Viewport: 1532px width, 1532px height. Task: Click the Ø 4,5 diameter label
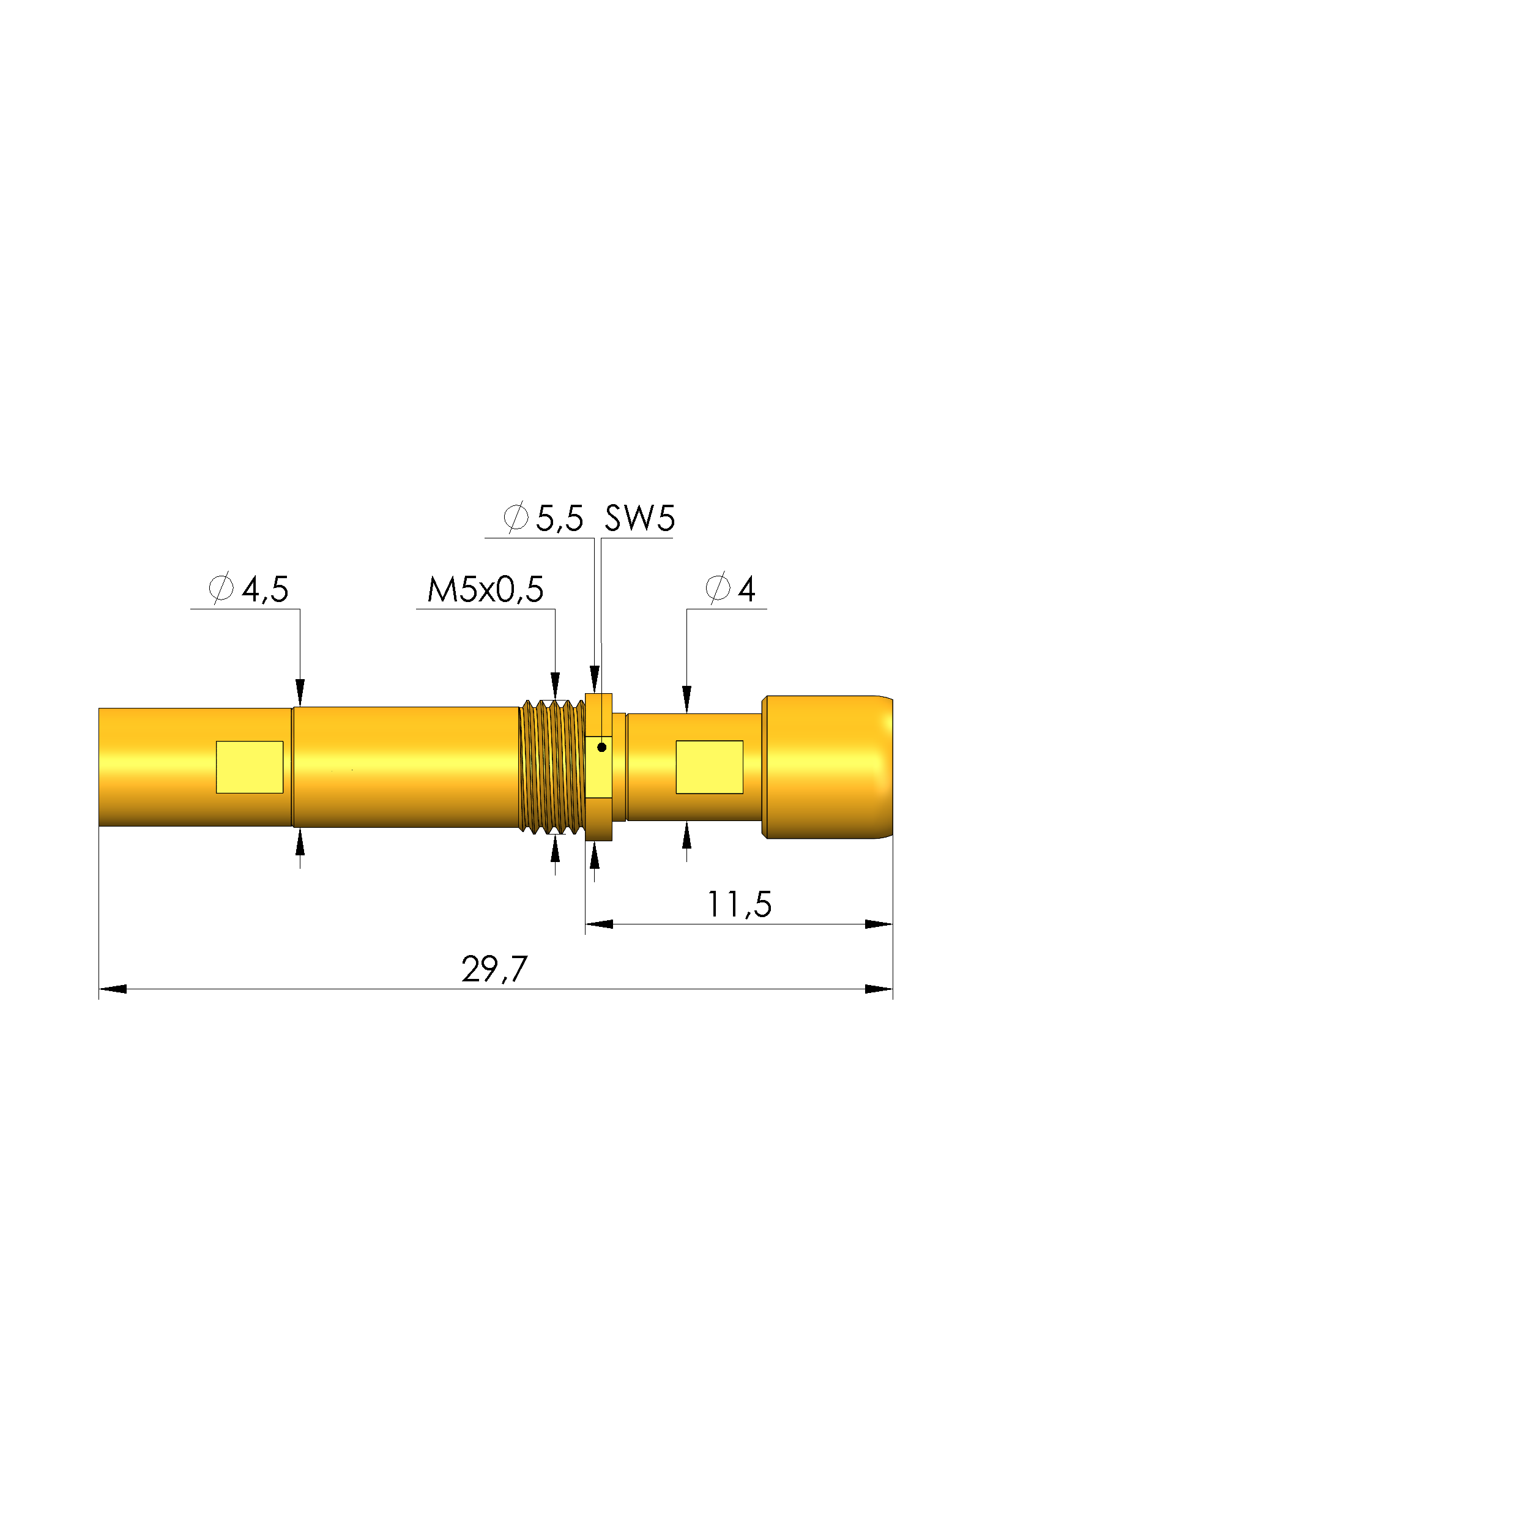point(249,589)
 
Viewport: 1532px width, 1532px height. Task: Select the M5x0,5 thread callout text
point(485,589)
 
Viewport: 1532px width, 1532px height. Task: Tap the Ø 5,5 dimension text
point(544,519)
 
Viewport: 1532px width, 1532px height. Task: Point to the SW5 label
point(639,519)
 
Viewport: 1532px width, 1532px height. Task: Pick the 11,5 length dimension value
point(738,904)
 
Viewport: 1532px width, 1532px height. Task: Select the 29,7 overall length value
point(494,969)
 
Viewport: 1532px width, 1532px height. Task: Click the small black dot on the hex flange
point(602,747)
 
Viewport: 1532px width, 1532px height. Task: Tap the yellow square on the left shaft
point(249,767)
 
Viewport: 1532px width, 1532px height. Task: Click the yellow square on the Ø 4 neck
point(709,767)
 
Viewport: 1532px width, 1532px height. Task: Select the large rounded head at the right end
point(827,766)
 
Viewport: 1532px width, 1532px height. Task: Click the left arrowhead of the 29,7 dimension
point(113,989)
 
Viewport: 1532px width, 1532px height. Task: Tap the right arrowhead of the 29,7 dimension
point(879,989)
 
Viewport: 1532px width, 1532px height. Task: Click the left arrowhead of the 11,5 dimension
point(599,924)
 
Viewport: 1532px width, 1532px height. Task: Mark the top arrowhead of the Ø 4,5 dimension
point(300,691)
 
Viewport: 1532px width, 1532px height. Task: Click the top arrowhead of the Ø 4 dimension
point(686,699)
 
